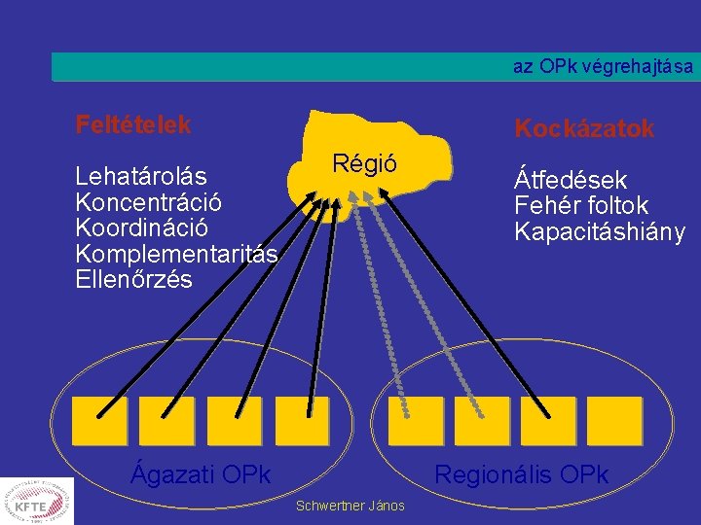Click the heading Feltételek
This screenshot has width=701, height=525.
coord(133,125)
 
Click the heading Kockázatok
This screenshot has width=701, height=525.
coord(584,128)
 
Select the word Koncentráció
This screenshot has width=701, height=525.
coord(149,202)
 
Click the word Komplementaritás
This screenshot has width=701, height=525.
coord(176,254)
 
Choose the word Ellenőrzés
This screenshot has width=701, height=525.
coord(134,279)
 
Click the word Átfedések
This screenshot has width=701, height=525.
coord(571,180)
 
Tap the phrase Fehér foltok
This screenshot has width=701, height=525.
coord(581,206)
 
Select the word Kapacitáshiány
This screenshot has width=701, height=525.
coord(600,232)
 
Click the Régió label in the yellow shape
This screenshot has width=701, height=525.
coord(364,162)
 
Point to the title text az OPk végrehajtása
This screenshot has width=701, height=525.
coord(604,67)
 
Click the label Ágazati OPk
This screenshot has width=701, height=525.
coord(201,474)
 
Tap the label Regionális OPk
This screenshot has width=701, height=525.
coord(521,474)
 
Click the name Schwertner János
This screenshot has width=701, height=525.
coord(350,507)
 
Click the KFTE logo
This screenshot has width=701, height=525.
coord(37,502)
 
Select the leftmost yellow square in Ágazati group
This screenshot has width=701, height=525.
coord(98,420)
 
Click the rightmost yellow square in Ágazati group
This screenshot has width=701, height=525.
coord(302,420)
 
